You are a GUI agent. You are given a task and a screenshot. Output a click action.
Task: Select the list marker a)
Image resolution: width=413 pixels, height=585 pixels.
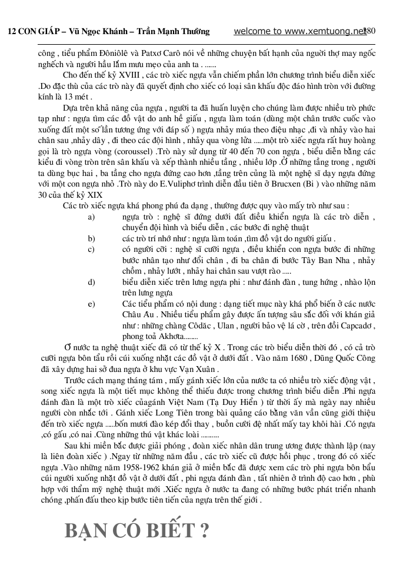click(91, 217)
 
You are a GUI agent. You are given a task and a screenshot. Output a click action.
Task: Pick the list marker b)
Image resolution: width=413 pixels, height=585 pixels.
click(91, 238)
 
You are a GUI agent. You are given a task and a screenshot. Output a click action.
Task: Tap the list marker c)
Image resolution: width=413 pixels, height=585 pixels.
click(91, 249)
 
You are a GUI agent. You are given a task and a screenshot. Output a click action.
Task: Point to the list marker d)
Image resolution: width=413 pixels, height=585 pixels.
click(91, 281)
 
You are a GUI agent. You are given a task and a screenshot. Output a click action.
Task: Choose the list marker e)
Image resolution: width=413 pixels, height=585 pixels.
click(91, 303)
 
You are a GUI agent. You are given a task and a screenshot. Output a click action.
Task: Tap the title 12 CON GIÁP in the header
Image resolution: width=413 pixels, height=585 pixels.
click(29, 32)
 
